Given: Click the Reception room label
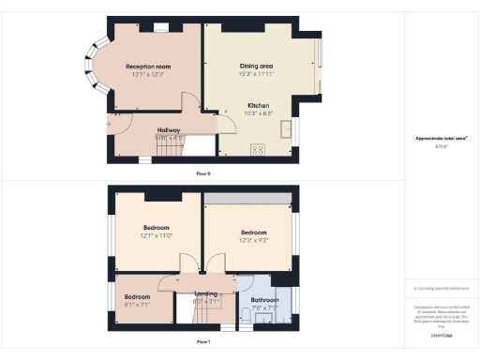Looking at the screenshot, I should coord(149,67).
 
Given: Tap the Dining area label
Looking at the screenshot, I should coord(256,67).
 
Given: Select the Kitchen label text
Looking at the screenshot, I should coord(260,105).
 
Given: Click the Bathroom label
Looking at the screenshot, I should coord(264,299).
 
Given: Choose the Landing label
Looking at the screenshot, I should coord(205,293).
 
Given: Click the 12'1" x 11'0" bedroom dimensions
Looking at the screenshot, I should coord(156,236).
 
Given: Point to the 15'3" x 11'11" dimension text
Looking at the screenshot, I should coord(256,74).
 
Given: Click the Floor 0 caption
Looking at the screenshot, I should coord(203,173).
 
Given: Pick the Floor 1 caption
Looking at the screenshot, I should coord(203,342).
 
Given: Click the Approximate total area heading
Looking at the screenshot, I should coord(441,139).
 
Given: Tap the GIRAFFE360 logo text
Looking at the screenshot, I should coord(441,335).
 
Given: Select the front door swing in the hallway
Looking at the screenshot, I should coord(119,123).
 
